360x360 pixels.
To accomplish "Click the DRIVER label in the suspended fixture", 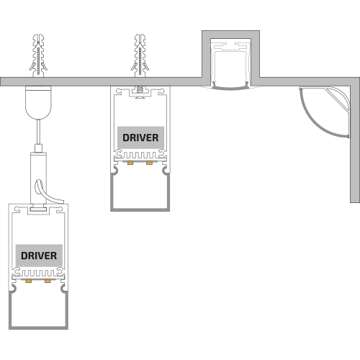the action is tap(39, 256).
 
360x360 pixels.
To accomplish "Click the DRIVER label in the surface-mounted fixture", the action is tap(140, 138).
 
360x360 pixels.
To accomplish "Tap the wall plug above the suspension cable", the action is tap(38, 55).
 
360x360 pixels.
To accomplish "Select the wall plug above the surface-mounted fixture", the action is tap(140, 55).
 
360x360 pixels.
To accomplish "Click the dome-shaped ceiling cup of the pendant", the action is tap(38, 103).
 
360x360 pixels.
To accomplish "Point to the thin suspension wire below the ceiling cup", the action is tap(38, 132).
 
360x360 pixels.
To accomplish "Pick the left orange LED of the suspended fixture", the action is tap(29, 281).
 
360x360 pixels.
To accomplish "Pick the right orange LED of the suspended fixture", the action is tap(48, 281).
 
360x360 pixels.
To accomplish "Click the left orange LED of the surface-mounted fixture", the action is tap(130, 163).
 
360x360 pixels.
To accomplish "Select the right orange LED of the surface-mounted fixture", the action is tap(149, 163).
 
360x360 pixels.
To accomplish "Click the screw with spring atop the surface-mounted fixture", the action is tap(140, 92).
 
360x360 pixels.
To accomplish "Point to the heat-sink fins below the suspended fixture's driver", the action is tap(38, 273).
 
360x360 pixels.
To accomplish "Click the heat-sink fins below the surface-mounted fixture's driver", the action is tap(140, 155).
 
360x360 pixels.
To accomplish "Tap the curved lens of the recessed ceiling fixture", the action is tap(230, 89).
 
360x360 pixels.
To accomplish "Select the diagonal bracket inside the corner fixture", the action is tap(336, 99).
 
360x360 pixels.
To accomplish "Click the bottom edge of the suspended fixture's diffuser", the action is tap(38, 328).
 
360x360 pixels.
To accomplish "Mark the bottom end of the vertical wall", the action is tap(355, 202).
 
